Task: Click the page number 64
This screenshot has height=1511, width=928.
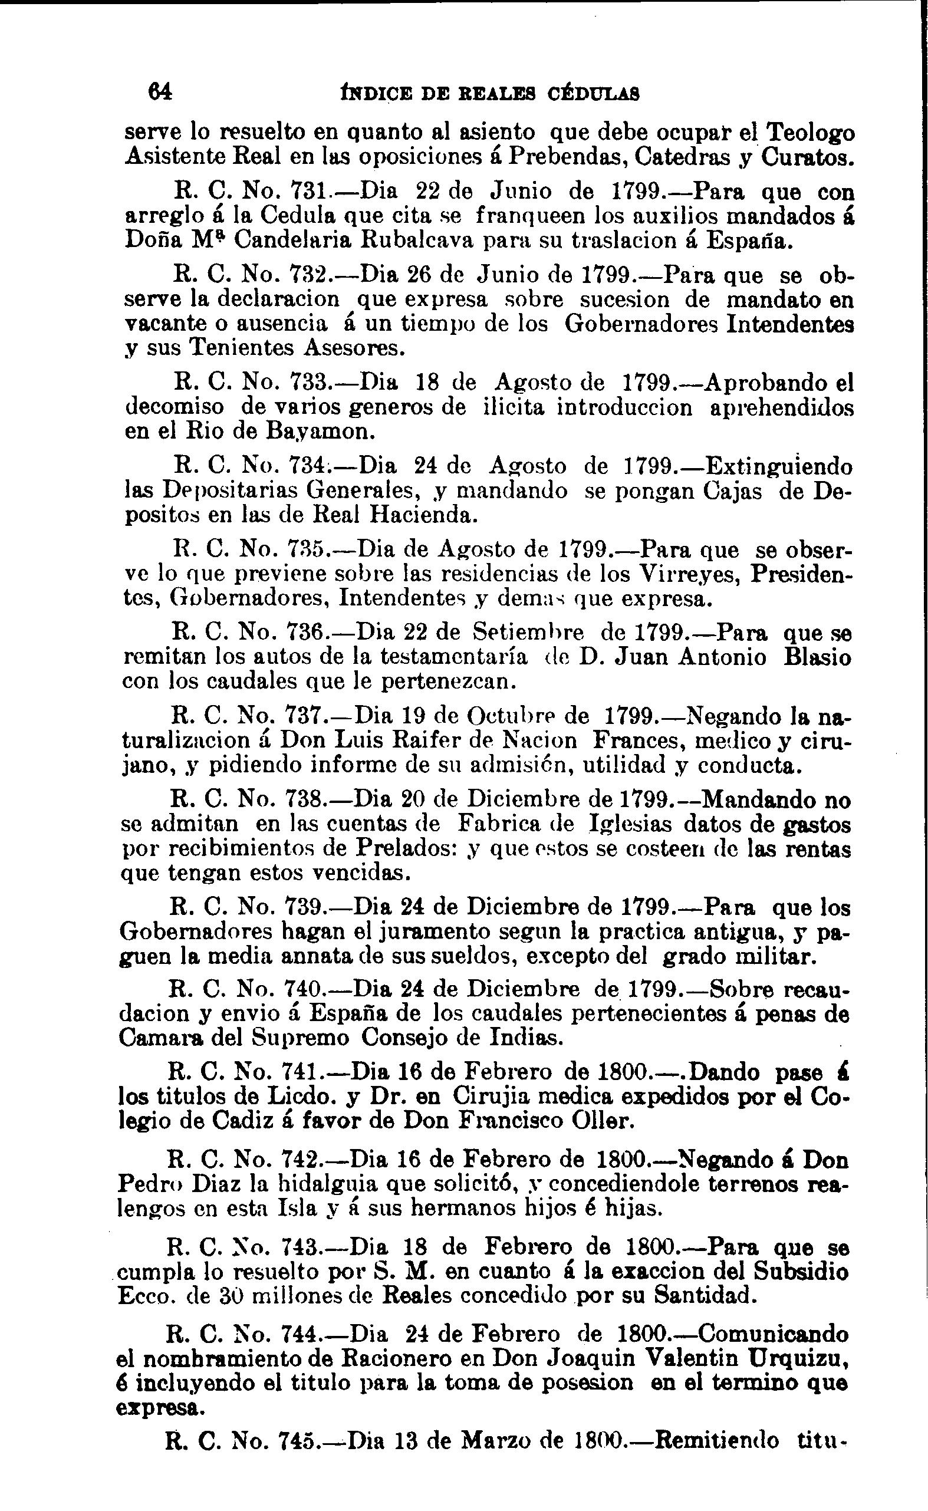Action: coord(160,92)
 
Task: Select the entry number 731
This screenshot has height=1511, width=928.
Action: coord(310,193)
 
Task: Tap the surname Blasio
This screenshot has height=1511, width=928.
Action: coord(818,657)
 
